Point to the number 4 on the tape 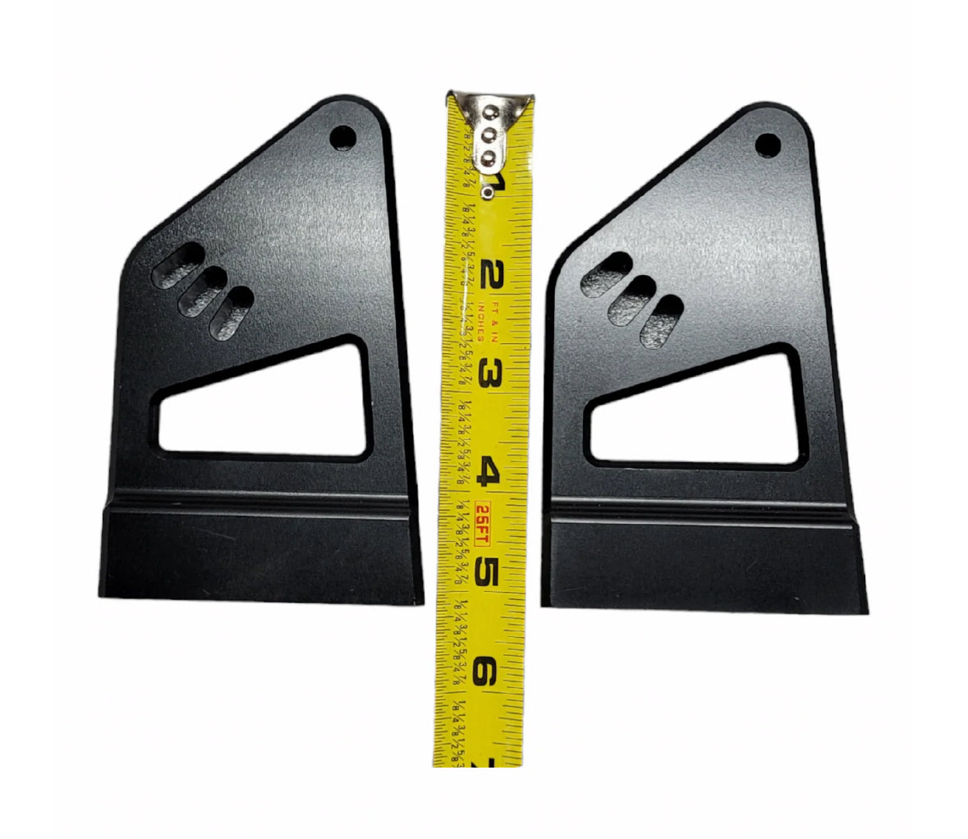click(490, 473)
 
